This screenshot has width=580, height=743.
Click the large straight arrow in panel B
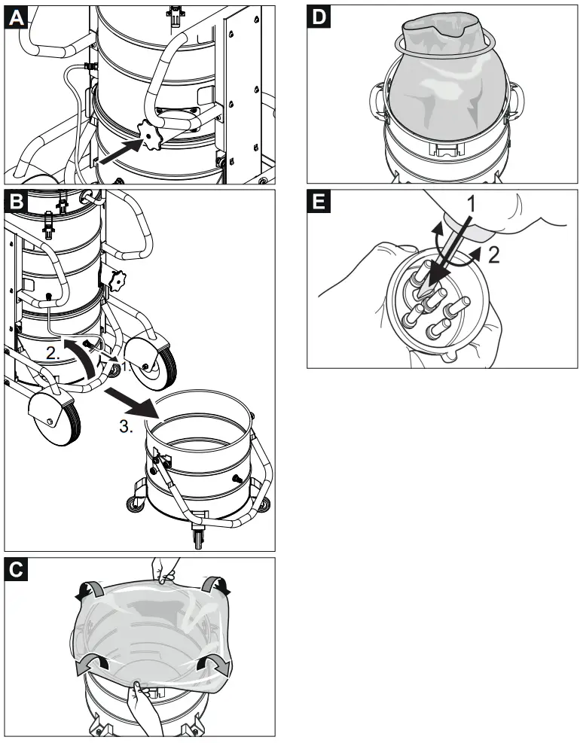(x=133, y=402)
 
